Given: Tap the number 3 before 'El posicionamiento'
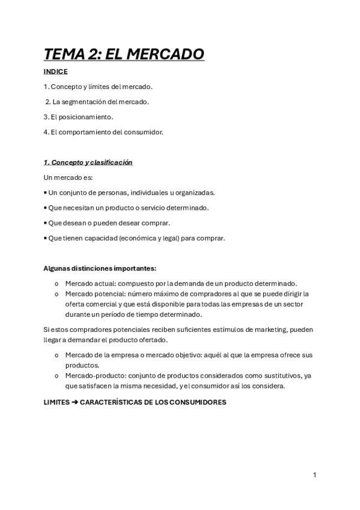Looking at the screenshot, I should pos(46,117).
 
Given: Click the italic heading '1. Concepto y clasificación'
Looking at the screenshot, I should pos(88,162).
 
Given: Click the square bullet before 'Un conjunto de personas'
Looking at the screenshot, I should pos(46,193).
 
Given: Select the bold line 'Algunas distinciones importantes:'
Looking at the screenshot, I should pos(100,268).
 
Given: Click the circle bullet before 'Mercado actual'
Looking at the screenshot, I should pos(56,283).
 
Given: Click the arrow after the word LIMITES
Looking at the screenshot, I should pos(75,402).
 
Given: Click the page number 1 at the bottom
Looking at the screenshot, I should pos(314,475).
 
